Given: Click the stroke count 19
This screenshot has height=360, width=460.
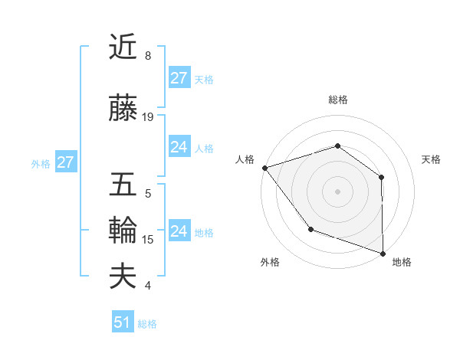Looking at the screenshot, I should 148,116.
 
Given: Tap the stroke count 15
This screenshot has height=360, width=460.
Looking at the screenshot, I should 148,240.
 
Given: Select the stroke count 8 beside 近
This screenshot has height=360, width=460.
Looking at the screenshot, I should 148,55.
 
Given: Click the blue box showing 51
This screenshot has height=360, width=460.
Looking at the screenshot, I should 123,323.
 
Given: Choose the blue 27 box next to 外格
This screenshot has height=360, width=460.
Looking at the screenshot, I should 65,162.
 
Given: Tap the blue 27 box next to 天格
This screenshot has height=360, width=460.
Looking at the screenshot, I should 179,78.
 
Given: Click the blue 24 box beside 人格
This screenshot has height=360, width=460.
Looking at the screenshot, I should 179,148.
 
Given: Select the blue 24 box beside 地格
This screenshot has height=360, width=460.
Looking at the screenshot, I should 179,231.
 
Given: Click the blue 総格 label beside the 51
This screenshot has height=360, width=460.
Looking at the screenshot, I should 147,324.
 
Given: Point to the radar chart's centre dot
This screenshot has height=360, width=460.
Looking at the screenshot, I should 337,191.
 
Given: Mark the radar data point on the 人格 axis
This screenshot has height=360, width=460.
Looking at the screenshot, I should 264,167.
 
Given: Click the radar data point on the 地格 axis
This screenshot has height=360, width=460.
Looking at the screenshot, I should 383,253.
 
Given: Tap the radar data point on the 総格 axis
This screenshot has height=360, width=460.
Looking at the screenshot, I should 337,146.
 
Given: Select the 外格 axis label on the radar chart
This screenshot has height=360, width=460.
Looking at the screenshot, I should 270,262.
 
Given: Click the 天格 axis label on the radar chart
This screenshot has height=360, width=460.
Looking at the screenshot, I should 432,159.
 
